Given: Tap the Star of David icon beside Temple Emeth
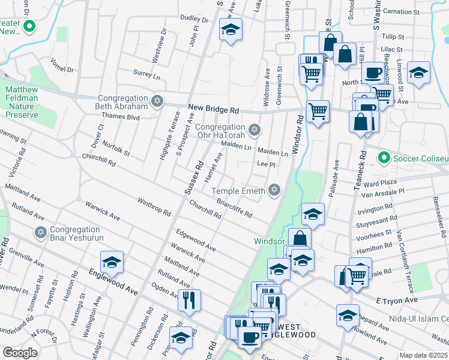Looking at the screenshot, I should (x=274, y=190).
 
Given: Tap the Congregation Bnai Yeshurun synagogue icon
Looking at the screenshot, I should (x=41, y=232).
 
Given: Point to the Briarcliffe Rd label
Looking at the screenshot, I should (x=234, y=208).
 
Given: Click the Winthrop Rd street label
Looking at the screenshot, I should (x=154, y=207).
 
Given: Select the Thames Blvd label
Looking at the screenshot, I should (x=121, y=116).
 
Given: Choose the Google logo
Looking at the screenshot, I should (x=20, y=353).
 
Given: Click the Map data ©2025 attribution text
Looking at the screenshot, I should (x=423, y=355).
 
